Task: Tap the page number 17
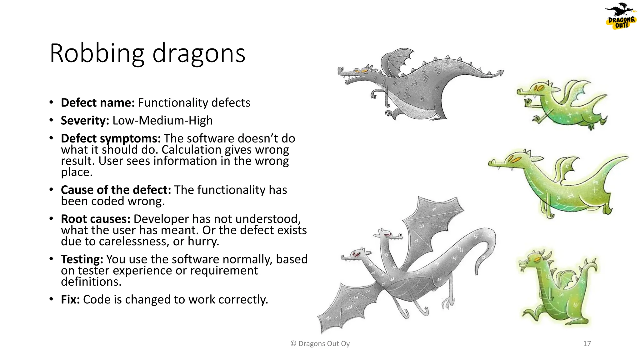tap(587, 344)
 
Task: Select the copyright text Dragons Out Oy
tap(320, 344)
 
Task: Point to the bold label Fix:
tap(70, 300)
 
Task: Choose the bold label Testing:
tap(82, 259)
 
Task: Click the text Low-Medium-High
tap(162, 121)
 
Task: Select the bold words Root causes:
tap(95, 219)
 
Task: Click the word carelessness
tap(134, 242)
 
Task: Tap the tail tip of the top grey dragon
tap(500, 72)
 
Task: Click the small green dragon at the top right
tap(562, 105)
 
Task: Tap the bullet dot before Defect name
tap(51, 102)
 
